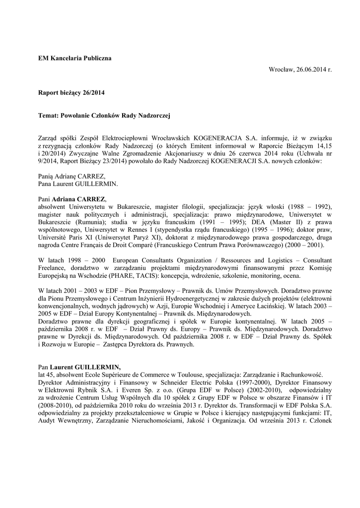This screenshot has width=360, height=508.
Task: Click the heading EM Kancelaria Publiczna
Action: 75,58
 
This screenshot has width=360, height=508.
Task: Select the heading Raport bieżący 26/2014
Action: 72,92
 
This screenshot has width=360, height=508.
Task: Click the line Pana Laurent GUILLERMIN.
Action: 78,184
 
